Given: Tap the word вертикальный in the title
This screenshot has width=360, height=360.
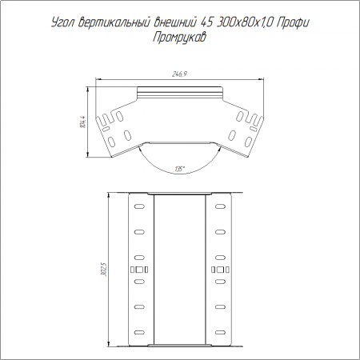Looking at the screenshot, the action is tap(114, 22).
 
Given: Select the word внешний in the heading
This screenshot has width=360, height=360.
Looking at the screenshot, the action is tap(175, 22).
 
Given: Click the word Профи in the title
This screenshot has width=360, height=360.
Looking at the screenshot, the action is tap(293, 23).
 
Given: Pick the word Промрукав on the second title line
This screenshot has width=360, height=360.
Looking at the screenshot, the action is tap(179, 37).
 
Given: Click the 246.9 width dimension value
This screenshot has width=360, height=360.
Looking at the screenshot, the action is tap(179, 74).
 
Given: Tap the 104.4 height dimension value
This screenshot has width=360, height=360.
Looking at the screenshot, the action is tap(83, 122).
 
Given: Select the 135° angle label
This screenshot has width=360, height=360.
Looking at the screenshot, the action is tap(180, 169).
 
